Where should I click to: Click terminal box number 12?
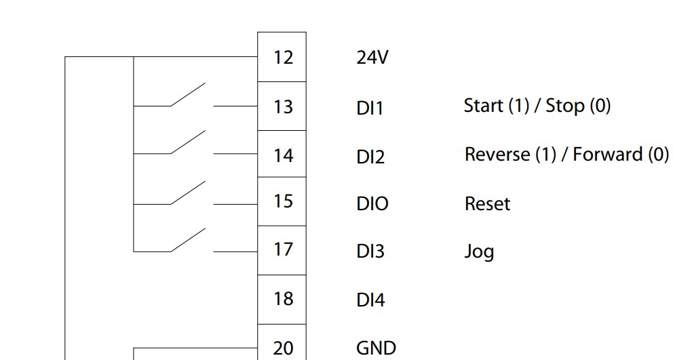point(282,57)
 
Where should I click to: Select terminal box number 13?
point(282,106)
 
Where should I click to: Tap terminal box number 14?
point(282,154)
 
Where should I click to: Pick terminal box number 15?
point(282,201)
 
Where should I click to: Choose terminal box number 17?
point(282,250)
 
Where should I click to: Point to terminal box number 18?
point(282,300)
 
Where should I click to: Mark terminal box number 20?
point(282,342)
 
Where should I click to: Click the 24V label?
point(372,57)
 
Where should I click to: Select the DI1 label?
point(370,108)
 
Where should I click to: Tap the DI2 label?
point(370,157)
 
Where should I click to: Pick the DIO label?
point(372,204)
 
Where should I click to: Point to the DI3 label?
point(370,252)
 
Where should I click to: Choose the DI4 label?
point(370,300)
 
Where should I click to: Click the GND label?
point(376,348)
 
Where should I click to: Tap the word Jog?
point(479,252)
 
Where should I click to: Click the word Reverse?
point(497,155)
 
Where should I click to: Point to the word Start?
point(484,106)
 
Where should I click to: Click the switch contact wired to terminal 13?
point(188,94)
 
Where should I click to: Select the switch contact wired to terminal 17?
point(188,240)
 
